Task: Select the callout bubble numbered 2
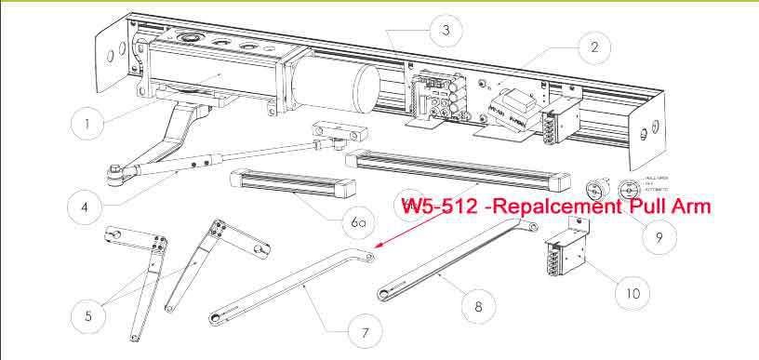[593, 46]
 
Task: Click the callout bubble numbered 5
[88, 315]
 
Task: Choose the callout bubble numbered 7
[364, 332]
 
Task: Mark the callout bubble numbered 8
[478, 304]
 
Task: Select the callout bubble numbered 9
[659, 237]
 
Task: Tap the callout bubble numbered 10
[632, 292]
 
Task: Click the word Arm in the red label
[692, 207]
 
